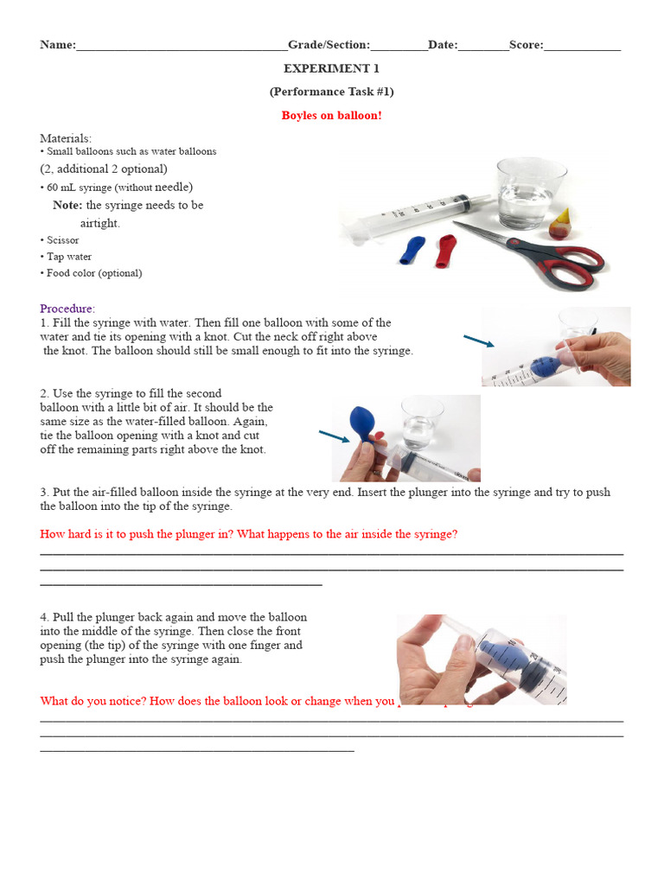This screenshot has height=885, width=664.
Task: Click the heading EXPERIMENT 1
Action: [x=331, y=68]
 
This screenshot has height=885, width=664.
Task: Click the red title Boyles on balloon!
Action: [x=331, y=116]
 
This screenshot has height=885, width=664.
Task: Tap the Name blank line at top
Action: [x=182, y=46]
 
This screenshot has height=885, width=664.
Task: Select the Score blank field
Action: [x=582, y=46]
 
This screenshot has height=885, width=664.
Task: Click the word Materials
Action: [x=65, y=138]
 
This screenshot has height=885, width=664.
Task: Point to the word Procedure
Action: [x=67, y=309]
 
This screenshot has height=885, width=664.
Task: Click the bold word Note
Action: [x=67, y=205]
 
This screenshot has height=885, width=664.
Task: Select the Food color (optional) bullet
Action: [x=93, y=273]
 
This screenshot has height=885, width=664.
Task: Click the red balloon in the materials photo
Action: [x=445, y=251]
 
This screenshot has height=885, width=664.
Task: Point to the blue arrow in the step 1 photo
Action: [x=479, y=341]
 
